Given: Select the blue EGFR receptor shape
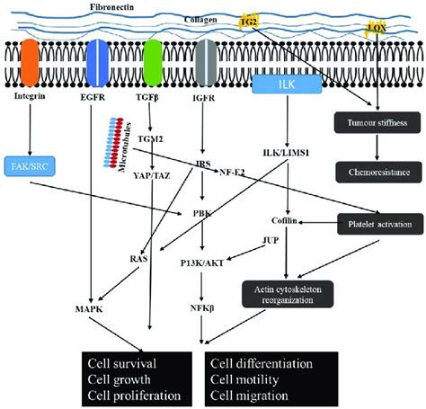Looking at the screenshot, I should (97, 62).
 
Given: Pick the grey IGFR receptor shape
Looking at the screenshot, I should (207, 62).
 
